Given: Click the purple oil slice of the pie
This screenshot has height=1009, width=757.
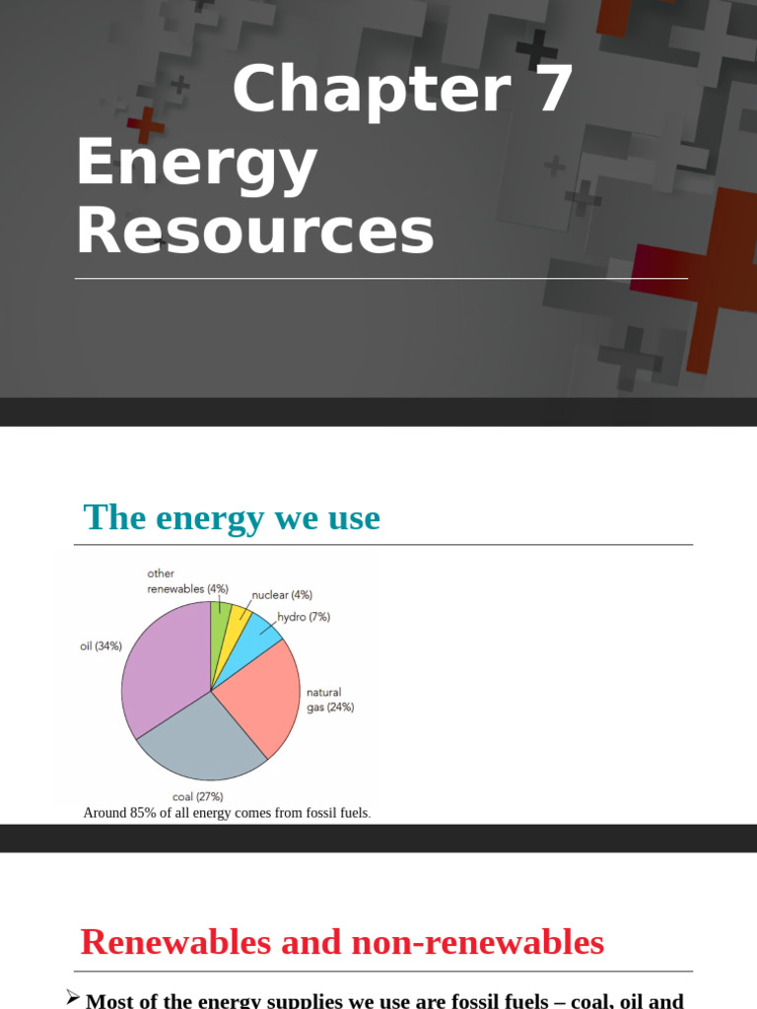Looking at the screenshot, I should tap(163, 670).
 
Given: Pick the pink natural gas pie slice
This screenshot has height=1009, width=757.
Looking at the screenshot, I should tap(261, 695).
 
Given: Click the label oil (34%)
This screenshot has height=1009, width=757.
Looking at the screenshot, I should tap(101, 646).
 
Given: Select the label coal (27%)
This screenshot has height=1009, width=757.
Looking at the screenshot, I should tap(197, 796).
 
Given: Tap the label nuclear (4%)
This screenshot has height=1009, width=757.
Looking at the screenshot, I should tap(282, 595).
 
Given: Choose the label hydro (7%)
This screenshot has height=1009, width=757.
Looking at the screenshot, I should tap(304, 617).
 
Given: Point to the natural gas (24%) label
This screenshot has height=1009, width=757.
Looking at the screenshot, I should tap(329, 700).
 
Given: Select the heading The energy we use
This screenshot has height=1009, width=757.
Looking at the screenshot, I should tap(232, 517).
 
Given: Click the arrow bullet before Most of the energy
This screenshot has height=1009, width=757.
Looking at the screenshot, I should tap(72, 997).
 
